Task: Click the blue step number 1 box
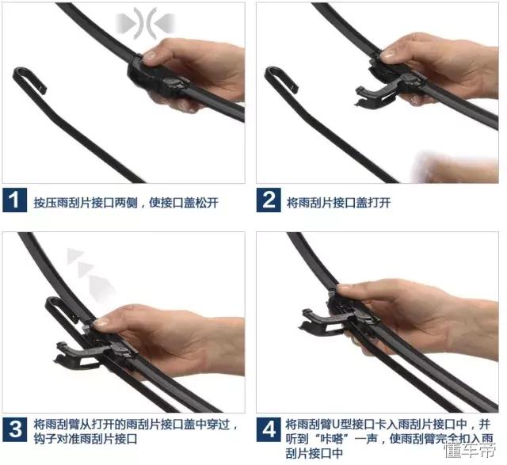pyautogui.click(x=14, y=200)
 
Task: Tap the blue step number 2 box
pyautogui.click(x=269, y=200)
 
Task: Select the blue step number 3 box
pyautogui.click(x=14, y=430)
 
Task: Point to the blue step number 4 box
pyautogui.click(x=269, y=430)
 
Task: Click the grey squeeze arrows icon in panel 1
pyautogui.click(x=145, y=23)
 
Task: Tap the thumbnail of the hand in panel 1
pyautogui.click(x=150, y=56)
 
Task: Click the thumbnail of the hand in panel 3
pyautogui.click(x=101, y=322)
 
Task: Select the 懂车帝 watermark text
pyautogui.click(x=470, y=451)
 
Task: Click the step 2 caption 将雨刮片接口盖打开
pyautogui.click(x=339, y=203)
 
